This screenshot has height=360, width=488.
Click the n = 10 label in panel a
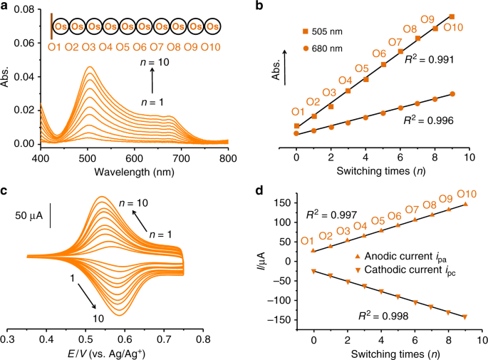154,63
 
